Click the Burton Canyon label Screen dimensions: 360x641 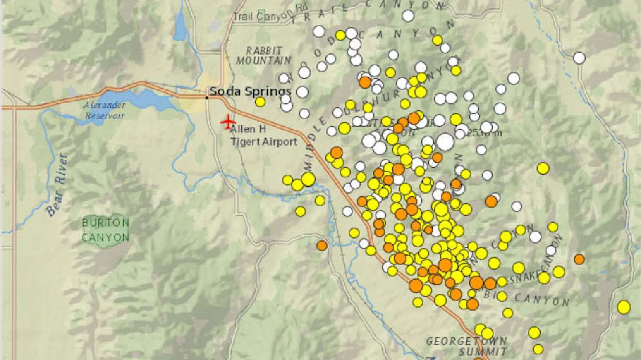pos(105,230)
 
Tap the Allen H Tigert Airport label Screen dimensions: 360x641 pos(264,135)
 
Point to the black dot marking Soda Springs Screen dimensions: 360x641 pos(207,96)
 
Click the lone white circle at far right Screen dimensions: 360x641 pos(579,58)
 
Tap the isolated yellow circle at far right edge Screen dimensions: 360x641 pos(623,307)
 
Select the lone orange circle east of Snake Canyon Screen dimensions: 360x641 pos(579,259)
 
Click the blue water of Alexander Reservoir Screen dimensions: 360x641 pos(141,97)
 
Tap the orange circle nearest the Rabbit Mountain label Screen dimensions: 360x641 pos(365,82)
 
